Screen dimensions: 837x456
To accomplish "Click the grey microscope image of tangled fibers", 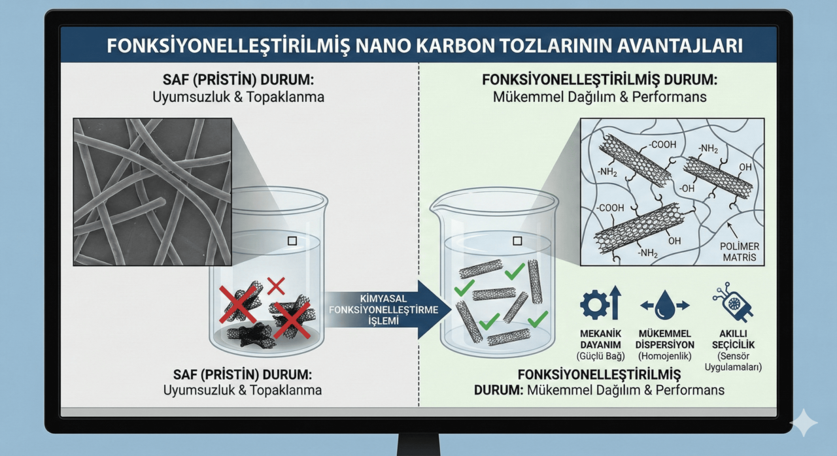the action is pos(152,192).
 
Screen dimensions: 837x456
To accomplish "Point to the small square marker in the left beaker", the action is pos(292,241).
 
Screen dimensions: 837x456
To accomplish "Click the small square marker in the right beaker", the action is pos(517,241).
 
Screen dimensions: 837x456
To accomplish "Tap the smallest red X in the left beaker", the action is pos(276,286).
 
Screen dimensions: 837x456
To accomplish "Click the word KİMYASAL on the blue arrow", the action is pos(383,299).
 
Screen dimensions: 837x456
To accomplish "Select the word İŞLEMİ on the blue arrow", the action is pos(383,321).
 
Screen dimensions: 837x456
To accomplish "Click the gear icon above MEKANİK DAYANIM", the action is pos(594,304).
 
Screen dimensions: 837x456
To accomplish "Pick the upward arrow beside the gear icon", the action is pos(615,302).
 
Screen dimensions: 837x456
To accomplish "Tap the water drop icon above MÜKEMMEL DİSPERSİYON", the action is pos(665,305).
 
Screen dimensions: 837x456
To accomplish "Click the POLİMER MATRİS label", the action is pos(740,252).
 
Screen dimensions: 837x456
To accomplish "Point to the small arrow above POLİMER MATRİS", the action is pos(732,231).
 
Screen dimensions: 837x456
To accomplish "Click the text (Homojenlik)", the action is pos(665,356).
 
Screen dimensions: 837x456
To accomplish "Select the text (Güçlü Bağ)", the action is pos(600,356).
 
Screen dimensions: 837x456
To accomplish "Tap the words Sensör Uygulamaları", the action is pos(733,361).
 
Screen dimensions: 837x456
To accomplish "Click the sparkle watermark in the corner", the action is pos(804,423).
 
